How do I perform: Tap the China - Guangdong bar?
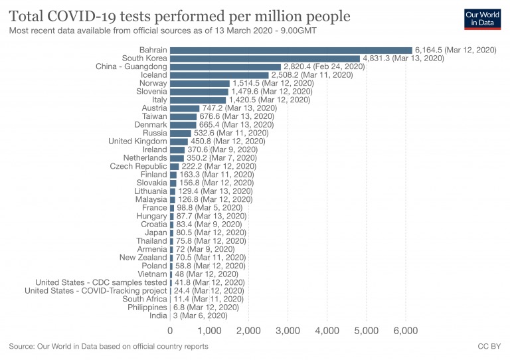pyautogui.click(x=225, y=66)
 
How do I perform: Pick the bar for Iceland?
pyautogui.click(x=219, y=75)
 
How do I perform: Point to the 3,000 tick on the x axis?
pyautogui.click(x=288, y=331)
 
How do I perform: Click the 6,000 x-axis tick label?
pyautogui.click(x=405, y=331)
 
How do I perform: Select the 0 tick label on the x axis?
pyautogui.click(x=171, y=331)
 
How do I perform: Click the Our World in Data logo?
pyautogui.click(x=481, y=19)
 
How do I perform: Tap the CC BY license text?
pyautogui.click(x=489, y=347)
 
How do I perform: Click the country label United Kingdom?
pyautogui.click(x=138, y=141)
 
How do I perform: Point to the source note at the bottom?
pyautogui.click(x=109, y=347)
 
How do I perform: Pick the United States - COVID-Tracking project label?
pyautogui.click(x=96, y=290)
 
